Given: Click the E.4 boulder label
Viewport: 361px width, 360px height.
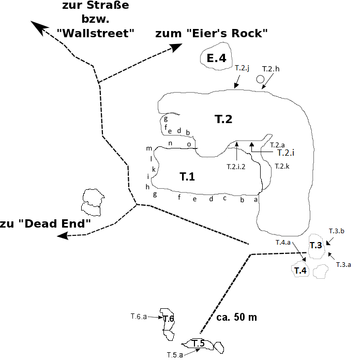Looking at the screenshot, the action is tap(216, 58).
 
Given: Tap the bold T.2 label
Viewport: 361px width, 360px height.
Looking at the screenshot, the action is tap(223, 119).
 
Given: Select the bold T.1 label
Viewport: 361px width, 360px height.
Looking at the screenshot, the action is tap(187, 176).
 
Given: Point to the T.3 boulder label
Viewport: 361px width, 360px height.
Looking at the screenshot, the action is tap(315, 245).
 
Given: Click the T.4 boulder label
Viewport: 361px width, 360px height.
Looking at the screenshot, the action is tap(300, 271).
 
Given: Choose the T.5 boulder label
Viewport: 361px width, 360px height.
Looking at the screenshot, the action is tap(198, 343).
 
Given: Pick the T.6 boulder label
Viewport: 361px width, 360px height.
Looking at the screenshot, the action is tap(168, 319).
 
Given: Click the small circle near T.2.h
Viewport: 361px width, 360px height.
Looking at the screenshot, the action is tap(260, 79).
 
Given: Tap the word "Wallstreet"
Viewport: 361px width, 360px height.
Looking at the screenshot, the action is tap(95, 34).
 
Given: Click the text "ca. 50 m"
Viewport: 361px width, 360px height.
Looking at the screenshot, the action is tap(236, 317).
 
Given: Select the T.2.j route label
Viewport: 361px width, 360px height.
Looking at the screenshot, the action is tap(242, 68).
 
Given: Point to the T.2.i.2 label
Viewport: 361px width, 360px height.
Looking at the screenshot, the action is tap(236, 167).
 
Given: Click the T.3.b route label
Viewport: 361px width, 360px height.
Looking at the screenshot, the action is tap(336, 231).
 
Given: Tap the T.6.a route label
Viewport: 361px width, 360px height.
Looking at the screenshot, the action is tap(139, 317).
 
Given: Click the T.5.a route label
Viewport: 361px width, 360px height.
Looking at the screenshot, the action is tap(175, 355).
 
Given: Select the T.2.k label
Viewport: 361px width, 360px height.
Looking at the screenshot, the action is tap(282, 166).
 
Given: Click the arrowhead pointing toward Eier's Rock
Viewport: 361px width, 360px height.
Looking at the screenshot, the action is tap(176, 48).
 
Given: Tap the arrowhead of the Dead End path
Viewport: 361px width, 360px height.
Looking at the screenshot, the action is tap(63, 236).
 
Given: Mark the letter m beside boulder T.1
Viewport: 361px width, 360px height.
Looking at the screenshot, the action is tap(149, 148).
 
